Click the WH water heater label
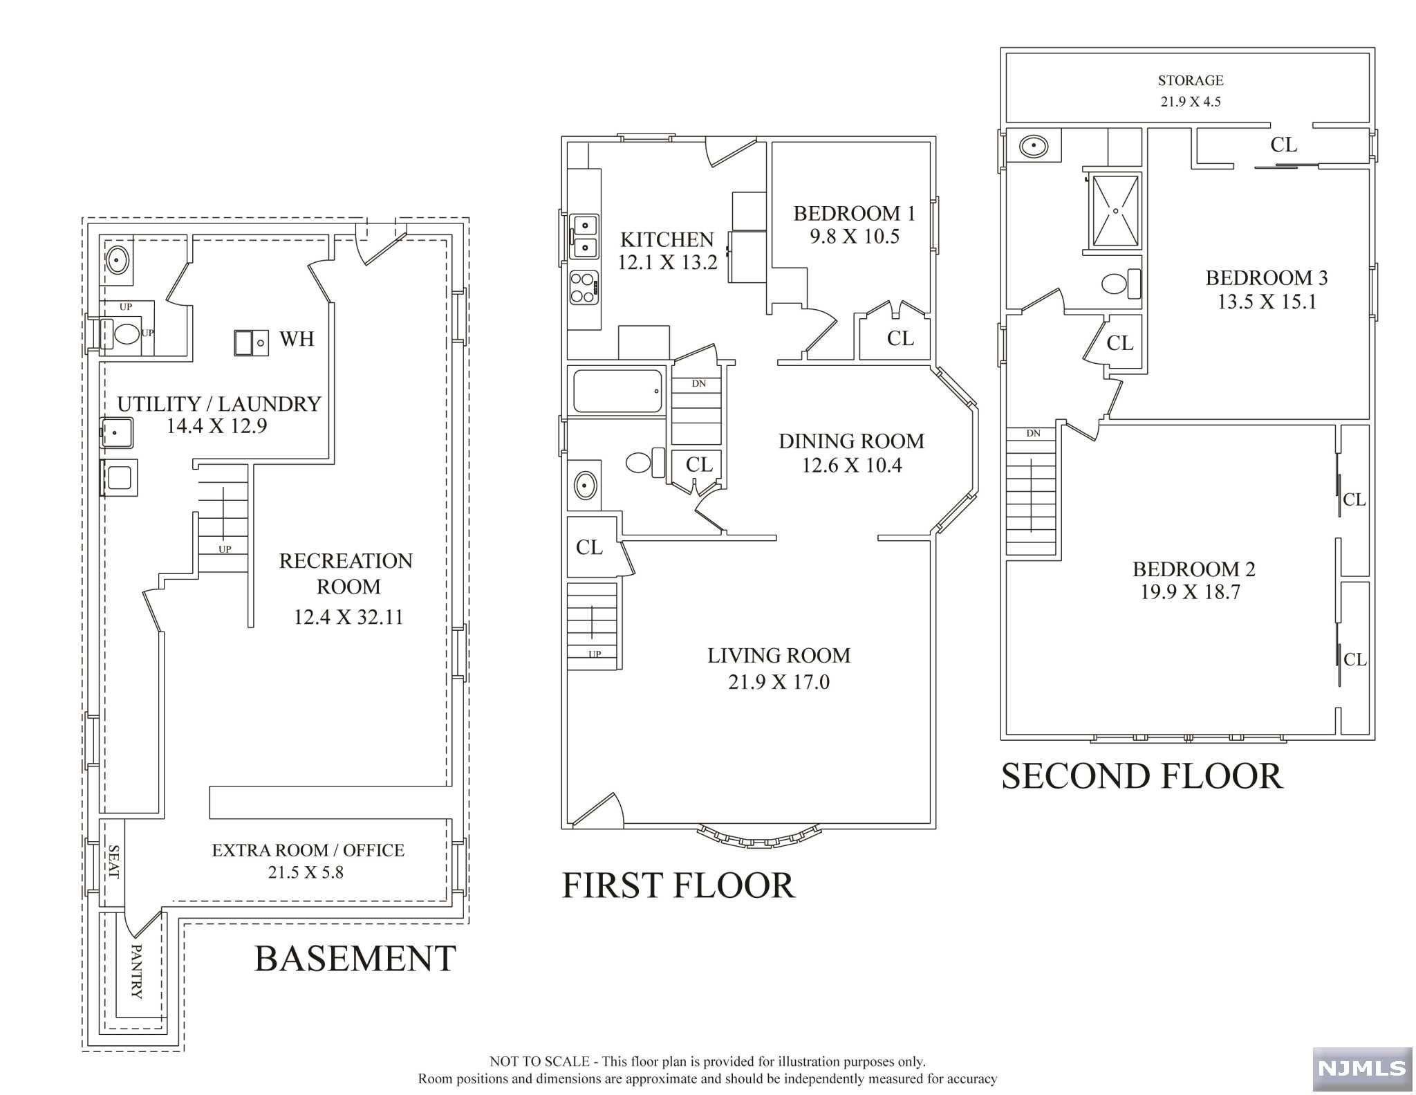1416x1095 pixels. coord(297,339)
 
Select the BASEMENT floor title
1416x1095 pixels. coord(355,959)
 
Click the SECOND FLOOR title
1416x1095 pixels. coord(1142,776)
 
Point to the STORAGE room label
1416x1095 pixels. coord(1191,80)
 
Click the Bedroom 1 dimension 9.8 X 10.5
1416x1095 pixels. coord(855,237)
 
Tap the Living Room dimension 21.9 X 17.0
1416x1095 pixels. coord(779,682)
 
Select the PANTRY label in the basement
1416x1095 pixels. coord(136,971)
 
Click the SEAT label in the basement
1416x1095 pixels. coord(113,862)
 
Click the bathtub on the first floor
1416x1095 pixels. coord(617,392)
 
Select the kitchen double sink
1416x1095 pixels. coord(584,236)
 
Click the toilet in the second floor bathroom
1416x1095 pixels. coord(1120,284)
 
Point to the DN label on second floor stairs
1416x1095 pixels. coord(1033,434)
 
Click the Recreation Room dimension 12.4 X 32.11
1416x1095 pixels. coord(348,617)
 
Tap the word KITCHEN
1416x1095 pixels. coord(667,240)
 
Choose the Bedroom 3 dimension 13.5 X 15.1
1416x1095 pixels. coord(1267,302)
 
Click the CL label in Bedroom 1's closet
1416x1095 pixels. coord(900,338)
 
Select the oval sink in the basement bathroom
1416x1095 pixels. coord(118,260)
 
